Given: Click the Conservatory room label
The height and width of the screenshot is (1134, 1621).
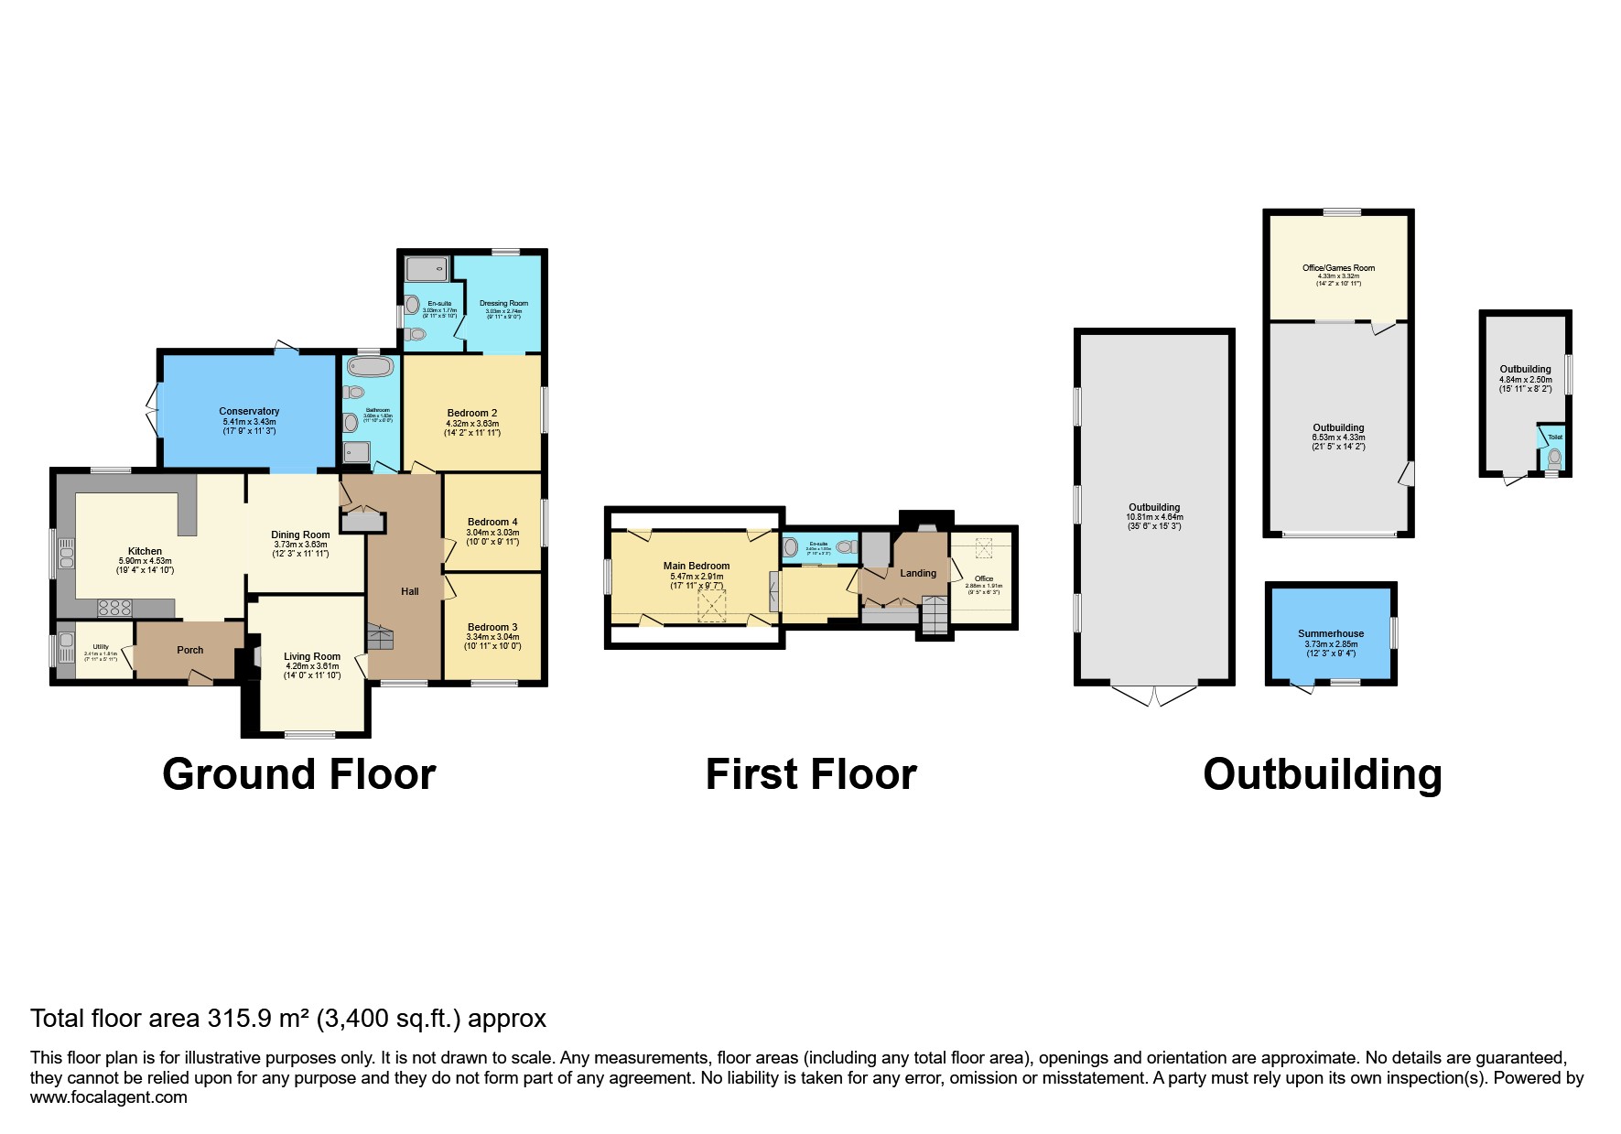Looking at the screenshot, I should (249, 411).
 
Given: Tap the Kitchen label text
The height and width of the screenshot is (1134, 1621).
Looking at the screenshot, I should (145, 551).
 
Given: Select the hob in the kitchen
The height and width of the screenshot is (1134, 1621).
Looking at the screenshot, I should (114, 607).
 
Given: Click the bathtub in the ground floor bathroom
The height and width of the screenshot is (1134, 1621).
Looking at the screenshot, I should (370, 368).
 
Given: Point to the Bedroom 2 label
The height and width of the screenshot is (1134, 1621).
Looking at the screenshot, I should (472, 413).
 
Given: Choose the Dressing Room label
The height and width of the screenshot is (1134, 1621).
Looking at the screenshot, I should (503, 303).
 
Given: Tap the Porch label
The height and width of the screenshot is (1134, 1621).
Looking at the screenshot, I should (190, 650).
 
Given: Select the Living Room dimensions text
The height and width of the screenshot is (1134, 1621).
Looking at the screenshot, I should (312, 672).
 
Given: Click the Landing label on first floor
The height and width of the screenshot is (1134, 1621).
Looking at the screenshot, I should (918, 573).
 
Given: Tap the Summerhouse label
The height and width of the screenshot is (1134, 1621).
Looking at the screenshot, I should (1331, 633).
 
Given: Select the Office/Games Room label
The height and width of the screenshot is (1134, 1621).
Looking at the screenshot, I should (1338, 268).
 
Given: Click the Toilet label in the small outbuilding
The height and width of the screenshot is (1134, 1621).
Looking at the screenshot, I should (1555, 437).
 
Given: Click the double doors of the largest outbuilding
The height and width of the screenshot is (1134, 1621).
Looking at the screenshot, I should (1154, 696).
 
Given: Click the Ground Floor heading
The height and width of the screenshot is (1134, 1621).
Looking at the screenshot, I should (298, 774).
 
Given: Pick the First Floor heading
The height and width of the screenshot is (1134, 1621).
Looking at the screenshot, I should (811, 774).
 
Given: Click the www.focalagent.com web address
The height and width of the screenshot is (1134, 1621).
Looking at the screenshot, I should (109, 1097).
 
